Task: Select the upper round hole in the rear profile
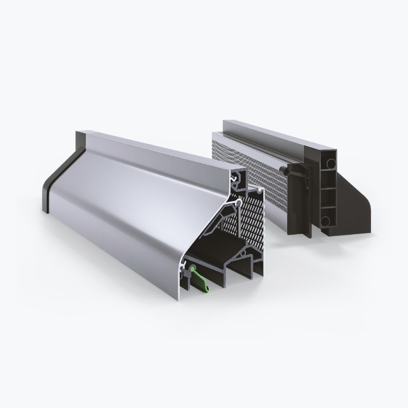[x=330, y=164]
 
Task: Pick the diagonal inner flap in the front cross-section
[x=217, y=227]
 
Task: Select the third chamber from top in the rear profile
[x=327, y=199]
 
